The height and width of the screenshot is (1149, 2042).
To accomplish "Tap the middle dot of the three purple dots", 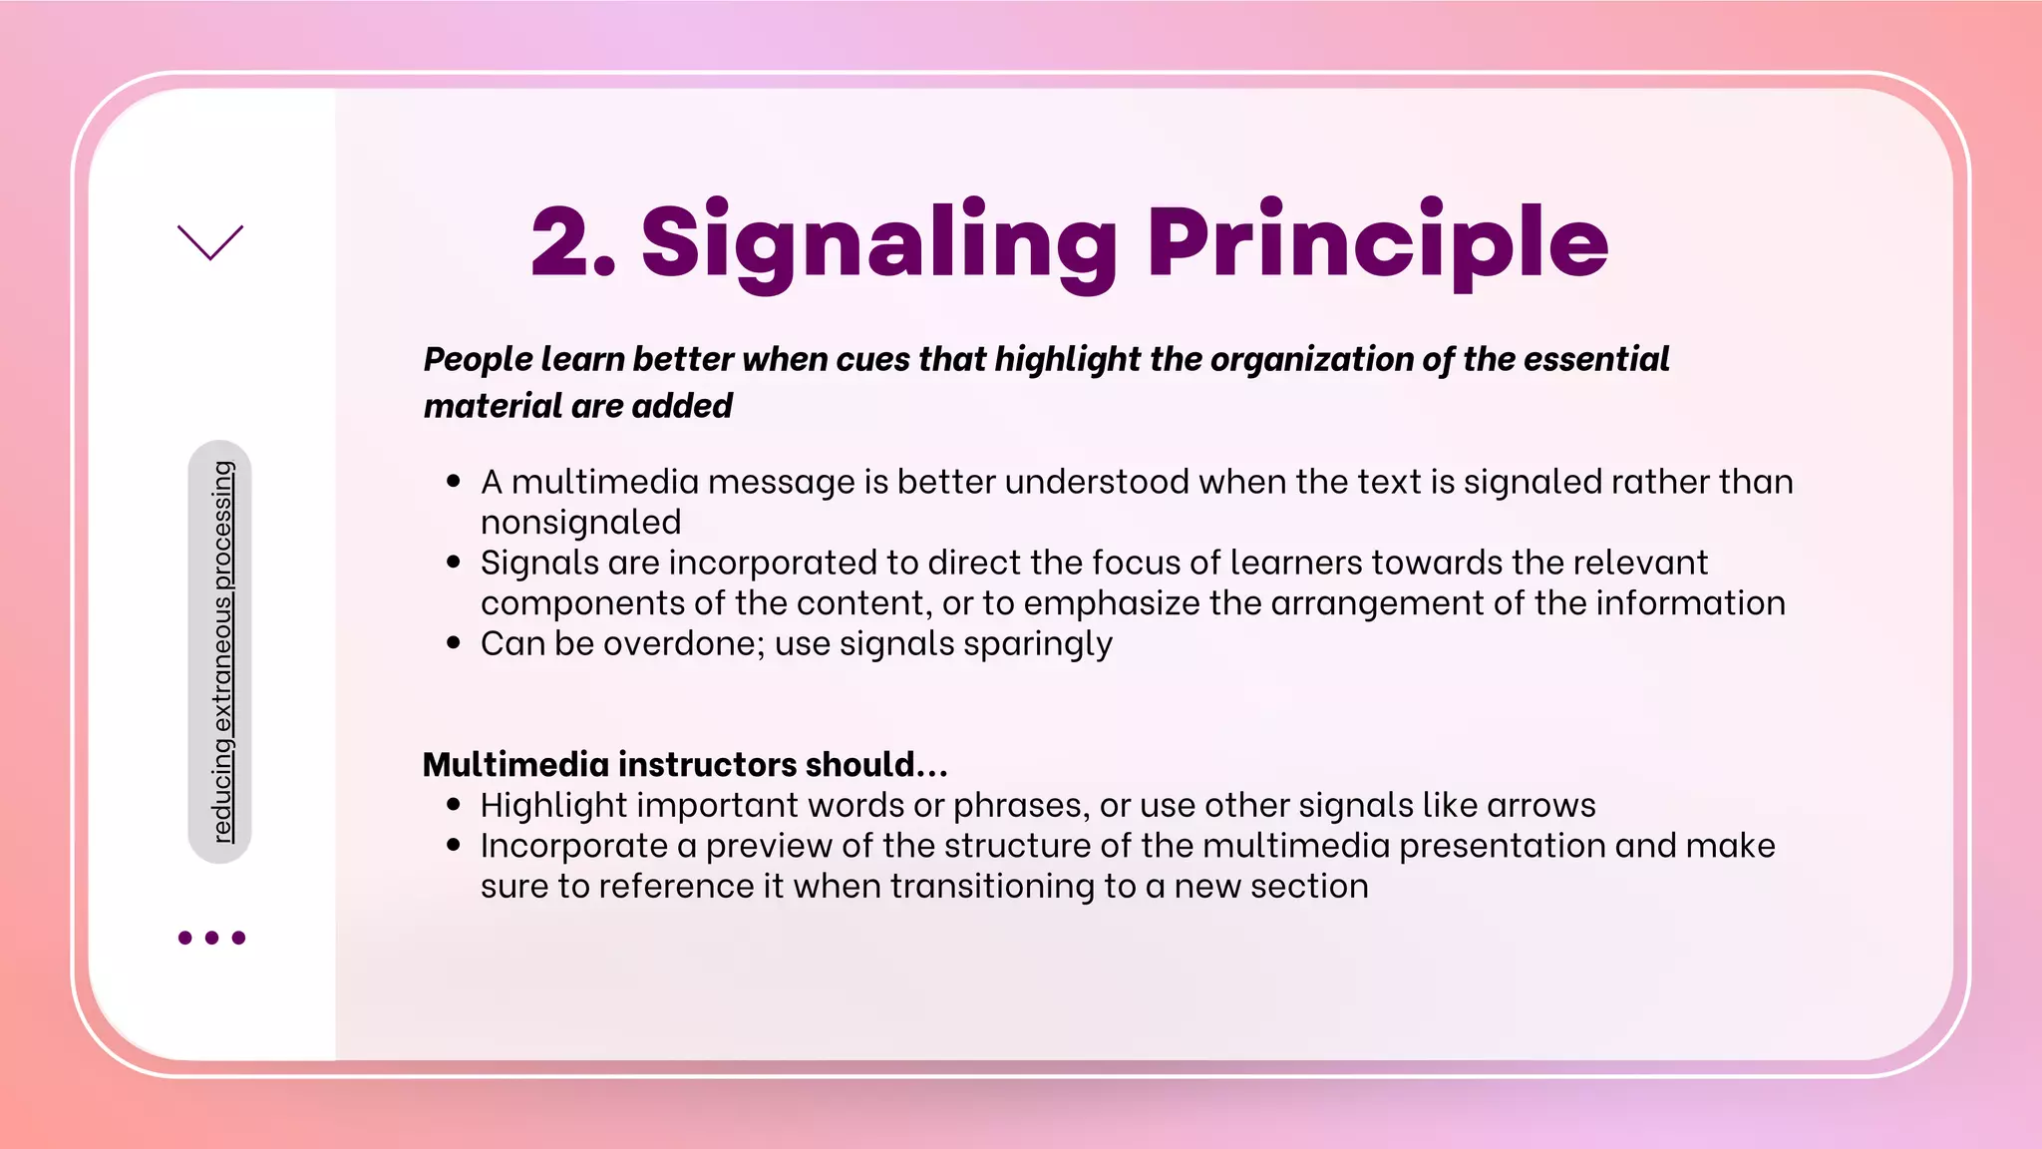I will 211,938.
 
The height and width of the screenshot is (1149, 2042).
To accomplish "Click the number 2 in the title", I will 561,241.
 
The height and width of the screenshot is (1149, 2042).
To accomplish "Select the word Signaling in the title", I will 878,241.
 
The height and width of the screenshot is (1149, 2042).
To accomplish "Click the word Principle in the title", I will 1378,241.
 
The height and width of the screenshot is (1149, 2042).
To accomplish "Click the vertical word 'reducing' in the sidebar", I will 223,791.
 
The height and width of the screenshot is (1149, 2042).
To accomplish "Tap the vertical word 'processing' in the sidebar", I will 223,525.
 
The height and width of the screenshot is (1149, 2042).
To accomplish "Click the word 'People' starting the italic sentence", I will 477,359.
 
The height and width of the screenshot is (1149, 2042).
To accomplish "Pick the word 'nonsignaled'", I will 580,523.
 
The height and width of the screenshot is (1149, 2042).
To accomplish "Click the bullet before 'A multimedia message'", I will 454,482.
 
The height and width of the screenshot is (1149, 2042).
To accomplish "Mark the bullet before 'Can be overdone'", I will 454,643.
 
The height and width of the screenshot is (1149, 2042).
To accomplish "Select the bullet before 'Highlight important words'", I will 454,805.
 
